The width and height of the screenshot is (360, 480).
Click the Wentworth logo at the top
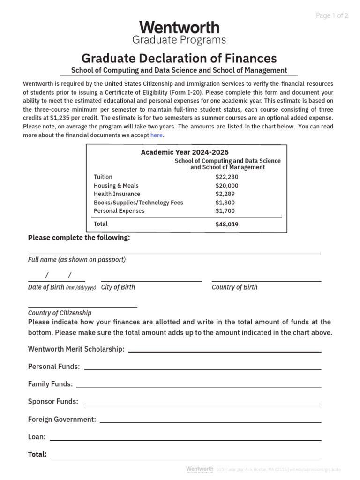[x=179, y=27]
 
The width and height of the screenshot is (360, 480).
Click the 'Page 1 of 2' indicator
[x=332, y=15]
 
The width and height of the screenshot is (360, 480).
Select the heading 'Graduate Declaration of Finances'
[x=179, y=58]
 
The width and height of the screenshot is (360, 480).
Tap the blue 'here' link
[x=157, y=135]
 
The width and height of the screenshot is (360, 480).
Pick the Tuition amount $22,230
[x=227, y=177]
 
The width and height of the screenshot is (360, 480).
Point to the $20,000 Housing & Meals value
[x=227, y=186]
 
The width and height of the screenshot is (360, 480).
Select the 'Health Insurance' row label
[x=117, y=194]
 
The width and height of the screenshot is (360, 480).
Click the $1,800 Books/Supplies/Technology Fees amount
[x=225, y=202]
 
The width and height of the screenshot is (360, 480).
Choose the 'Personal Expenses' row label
[x=119, y=211]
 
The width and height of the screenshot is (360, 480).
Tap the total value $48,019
[x=227, y=225]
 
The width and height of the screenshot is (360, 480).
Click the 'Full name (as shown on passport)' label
[x=77, y=260]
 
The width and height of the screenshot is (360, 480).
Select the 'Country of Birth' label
[x=234, y=287]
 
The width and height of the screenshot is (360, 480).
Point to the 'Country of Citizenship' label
[x=60, y=313]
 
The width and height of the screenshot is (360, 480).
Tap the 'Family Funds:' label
[x=50, y=384]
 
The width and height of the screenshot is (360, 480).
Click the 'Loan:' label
[x=37, y=437]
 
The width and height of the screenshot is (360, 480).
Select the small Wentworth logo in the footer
[x=199, y=469]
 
